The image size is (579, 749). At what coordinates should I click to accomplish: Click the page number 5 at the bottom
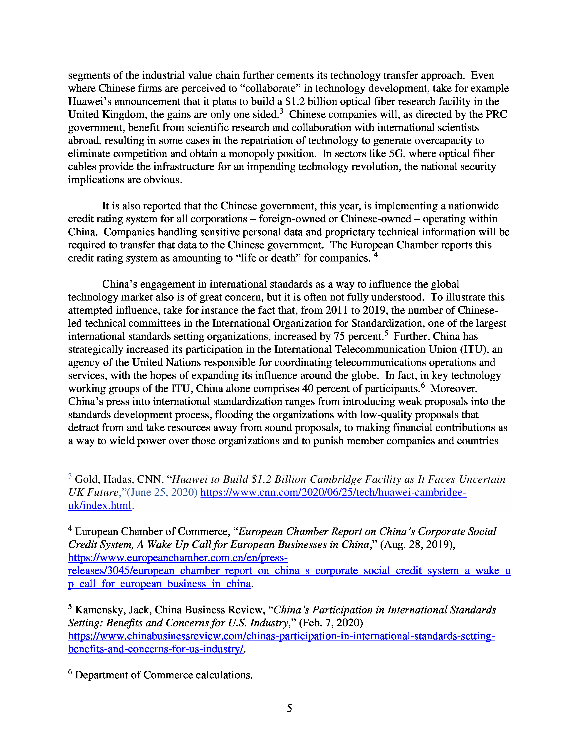click(289, 708)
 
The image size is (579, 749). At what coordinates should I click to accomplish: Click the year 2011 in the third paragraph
click(336, 310)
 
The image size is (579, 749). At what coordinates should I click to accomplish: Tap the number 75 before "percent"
click(339, 336)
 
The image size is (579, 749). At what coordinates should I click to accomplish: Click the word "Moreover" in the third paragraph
click(453, 389)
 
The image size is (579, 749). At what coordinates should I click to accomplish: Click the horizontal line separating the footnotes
click(136, 467)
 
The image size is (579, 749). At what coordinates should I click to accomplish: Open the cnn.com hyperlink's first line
click(333, 493)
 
